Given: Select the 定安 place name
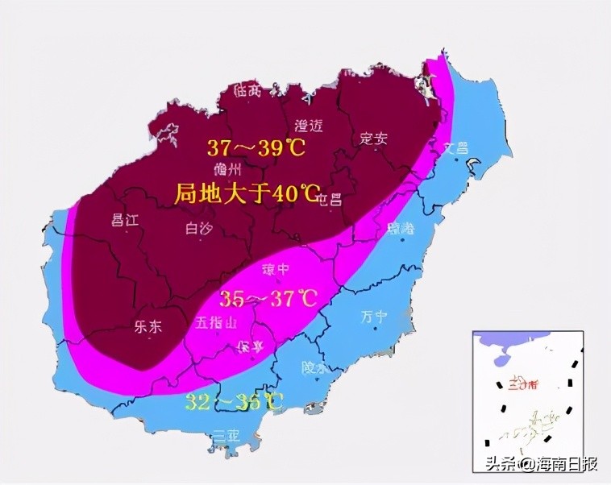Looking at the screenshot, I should click(373, 138).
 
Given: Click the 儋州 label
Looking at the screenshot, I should click(228, 170).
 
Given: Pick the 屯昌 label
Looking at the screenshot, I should click(329, 197).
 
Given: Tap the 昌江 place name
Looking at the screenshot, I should click(125, 220).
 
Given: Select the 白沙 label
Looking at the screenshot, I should click(197, 229).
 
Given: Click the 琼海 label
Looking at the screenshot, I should click(401, 229).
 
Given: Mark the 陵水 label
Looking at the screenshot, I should click(314, 367).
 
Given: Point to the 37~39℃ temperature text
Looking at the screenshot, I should click(255, 148).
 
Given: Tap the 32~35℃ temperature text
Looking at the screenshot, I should click(235, 401).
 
